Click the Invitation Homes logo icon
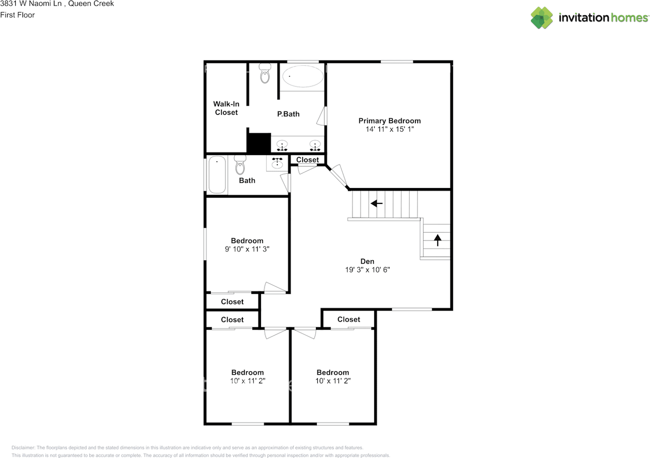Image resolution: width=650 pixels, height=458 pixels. point(542,18)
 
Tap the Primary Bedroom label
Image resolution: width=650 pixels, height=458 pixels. point(389,121)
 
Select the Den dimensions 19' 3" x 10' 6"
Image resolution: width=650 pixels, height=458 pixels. point(367,270)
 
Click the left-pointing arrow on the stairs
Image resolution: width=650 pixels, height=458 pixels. point(376,203)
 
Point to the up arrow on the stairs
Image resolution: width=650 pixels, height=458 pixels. point(437,239)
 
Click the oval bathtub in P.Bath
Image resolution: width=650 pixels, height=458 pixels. point(303,77)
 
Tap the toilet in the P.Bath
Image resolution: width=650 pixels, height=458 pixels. point(265,74)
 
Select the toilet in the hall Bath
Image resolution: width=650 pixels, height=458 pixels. point(240,165)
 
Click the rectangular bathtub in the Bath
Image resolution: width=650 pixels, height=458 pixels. point(217,175)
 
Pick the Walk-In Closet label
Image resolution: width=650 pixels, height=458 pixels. point(226,108)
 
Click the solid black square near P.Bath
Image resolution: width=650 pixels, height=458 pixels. point(258,143)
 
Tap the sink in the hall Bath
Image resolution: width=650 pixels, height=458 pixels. point(277,163)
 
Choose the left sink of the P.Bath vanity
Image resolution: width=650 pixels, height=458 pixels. point(282,145)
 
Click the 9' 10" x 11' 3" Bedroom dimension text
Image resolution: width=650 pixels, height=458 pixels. point(247,249)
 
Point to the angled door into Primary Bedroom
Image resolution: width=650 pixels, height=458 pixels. point(338,175)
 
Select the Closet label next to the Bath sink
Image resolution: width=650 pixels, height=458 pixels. point(307,160)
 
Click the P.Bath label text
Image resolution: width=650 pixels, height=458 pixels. point(288,114)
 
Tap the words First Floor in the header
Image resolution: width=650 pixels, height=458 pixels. point(18,15)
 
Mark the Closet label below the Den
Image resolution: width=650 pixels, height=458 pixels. point(348,319)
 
